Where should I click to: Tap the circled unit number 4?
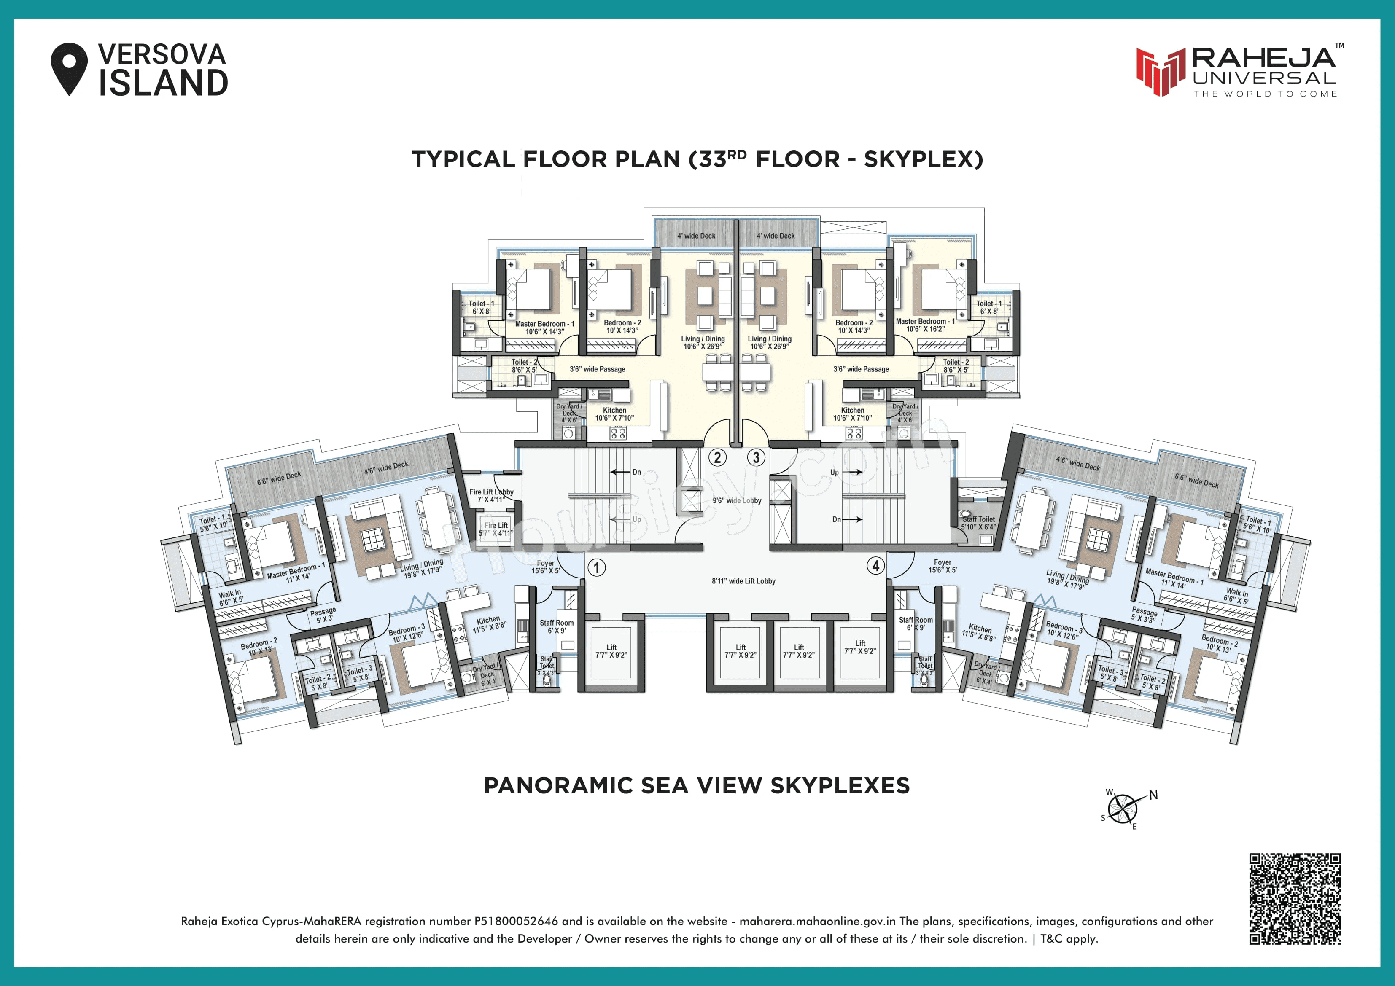(x=875, y=566)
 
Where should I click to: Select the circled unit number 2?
(x=718, y=457)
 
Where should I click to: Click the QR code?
(x=1295, y=898)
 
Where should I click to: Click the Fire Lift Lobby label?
(x=491, y=495)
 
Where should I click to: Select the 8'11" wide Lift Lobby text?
(x=743, y=581)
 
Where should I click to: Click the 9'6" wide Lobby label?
(x=736, y=501)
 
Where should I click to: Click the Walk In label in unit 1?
(x=230, y=597)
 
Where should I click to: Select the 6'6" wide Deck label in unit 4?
(x=1196, y=481)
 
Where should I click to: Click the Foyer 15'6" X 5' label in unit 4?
(x=943, y=566)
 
